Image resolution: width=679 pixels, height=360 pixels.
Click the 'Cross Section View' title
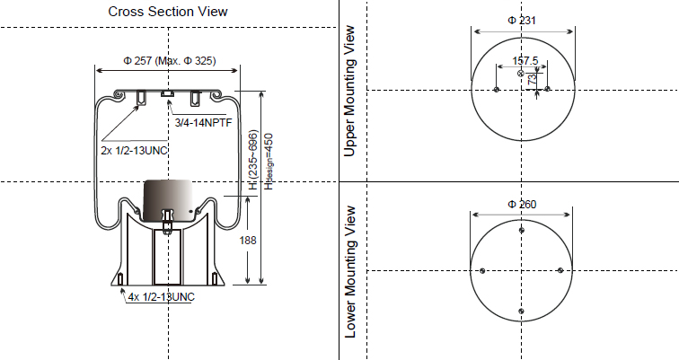point(168,12)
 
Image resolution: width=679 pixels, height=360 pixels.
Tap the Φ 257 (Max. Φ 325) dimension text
point(168,61)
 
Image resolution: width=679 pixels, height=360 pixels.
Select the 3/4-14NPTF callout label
point(204,121)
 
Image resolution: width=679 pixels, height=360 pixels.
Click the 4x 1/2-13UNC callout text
point(161,296)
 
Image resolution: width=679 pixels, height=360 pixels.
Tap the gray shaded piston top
point(168,198)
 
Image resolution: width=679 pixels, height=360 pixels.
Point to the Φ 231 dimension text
point(522,20)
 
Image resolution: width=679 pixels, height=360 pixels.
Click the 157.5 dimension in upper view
point(525,61)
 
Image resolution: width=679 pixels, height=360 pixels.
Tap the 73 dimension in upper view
point(533,79)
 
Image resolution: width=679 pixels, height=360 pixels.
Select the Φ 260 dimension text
point(522,205)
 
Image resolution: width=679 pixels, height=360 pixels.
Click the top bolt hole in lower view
point(522,231)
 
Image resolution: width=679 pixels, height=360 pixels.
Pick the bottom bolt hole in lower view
point(522,311)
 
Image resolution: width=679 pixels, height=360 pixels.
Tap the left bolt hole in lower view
point(482,270)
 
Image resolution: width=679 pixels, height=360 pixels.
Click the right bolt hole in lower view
point(561,270)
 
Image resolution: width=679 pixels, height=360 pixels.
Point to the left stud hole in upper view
point(497,89)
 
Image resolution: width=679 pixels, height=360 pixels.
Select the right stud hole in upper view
point(547,89)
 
